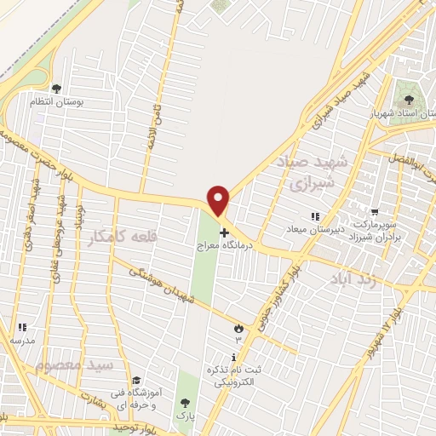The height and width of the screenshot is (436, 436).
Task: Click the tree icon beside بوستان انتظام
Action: pos(56,88)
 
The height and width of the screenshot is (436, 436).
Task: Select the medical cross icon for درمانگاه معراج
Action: pos(224,232)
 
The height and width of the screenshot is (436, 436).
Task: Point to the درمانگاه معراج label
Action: pos(225,247)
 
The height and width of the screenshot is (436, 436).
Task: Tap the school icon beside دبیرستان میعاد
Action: pos(315,217)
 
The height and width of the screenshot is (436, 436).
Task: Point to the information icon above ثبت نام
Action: pos(234,358)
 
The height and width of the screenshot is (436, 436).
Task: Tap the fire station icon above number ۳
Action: pos(238,327)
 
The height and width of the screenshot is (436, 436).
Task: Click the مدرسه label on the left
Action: pos(23,340)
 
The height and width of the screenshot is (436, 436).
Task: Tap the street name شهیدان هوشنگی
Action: pos(169,287)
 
